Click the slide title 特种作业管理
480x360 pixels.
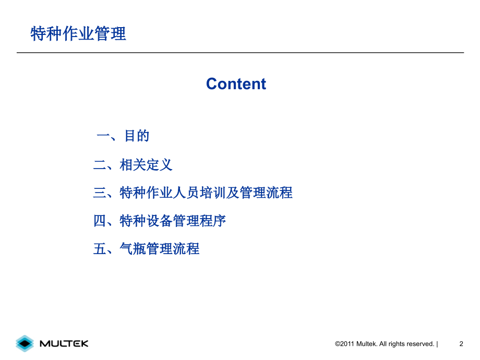coord(78,34)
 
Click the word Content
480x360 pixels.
coord(236,84)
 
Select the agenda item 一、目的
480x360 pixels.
coord(123,136)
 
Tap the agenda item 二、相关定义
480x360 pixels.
coord(133,165)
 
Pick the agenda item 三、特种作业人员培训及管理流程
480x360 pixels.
coord(193,193)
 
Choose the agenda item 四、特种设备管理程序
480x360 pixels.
coord(159,221)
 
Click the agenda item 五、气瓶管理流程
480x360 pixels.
coord(146,249)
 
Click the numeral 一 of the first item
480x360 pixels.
coord(103,137)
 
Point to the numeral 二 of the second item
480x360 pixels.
coord(100,166)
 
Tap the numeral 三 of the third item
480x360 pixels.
coord(100,194)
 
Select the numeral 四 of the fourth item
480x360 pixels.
coord(100,221)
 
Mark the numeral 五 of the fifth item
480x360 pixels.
coord(100,249)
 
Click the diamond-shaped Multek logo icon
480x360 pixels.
coord(25,343)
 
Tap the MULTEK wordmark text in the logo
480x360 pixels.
coord(64,343)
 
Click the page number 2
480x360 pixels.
coord(461,344)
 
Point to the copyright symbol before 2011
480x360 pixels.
coord(338,344)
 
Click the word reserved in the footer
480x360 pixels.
coord(418,344)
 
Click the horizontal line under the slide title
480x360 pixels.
coord(240,53)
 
